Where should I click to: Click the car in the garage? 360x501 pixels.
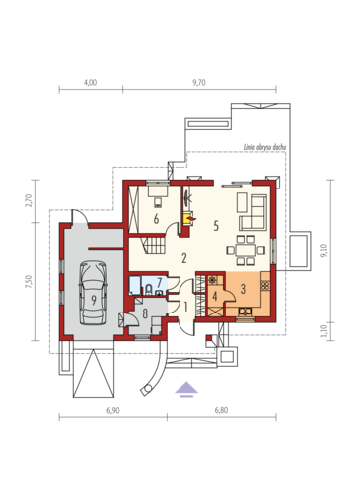pyautogui.click(x=94, y=294)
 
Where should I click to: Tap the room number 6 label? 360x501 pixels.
pyautogui.click(x=156, y=219)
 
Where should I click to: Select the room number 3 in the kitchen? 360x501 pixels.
pyautogui.click(x=243, y=289)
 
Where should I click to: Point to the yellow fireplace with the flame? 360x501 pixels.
pyautogui.click(x=188, y=218)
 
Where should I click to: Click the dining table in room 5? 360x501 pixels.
pyautogui.click(x=246, y=250)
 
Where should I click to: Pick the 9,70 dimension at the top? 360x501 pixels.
pyautogui.click(x=199, y=82)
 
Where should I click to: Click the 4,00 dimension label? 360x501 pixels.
pyautogui.click(x=90, y=82)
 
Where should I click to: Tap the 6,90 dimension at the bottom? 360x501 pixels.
pyautogui.click(x=113, y=410)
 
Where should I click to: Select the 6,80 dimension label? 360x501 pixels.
pyautogui.click(x=221, y=410)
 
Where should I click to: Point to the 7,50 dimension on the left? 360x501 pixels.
pyautogui.click(x=29, y=282)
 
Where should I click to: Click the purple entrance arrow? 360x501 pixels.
pyautogui.click(x=186, y=389)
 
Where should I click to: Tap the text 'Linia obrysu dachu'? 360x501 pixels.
pyautogui.click(x=265, y=147)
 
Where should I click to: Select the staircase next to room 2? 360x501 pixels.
pyautogui.click(x=155, y=244)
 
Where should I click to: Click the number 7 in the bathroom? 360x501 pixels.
pyautogui.click(x=159, y=282)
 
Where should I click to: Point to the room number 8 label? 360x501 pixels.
pyautogui.click(x=145, y=313)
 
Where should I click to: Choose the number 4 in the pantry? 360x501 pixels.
pyautogui.click(x=215, y=297)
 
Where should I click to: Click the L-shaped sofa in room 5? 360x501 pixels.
pyautogui.click(x=253, y=212)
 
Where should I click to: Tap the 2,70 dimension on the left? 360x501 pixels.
pyautogui.click(x=29, y=200)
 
